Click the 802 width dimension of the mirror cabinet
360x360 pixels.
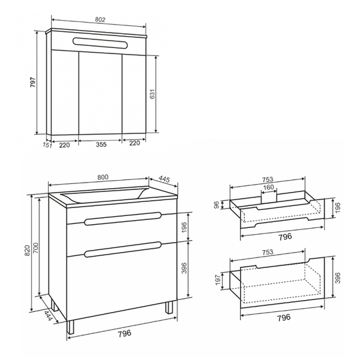pos(100,20)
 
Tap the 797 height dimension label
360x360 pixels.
pos(33,82)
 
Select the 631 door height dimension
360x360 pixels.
pos(153,94)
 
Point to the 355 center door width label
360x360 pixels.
pos(101,145)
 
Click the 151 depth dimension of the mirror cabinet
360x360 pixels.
pos(47,145)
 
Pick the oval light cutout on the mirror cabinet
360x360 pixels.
pos(100,43)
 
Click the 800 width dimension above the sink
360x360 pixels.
pos(103,177)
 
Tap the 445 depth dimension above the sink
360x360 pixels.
pos(164,179)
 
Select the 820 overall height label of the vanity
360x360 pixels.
pos(27,251)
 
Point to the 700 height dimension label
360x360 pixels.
pos(36,248)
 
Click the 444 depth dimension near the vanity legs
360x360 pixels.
pos(49,316)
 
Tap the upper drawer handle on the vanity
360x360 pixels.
pos(123,218)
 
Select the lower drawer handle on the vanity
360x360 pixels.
pos(123,249)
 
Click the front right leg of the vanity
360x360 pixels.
pos(169,307)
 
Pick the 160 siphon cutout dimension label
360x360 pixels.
pos(269,187)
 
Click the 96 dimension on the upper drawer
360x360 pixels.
pos(217,205)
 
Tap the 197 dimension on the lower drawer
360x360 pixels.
pos(218,280)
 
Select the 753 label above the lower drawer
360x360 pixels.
pos(267,252)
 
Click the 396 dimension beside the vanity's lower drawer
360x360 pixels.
pos(184,268)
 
